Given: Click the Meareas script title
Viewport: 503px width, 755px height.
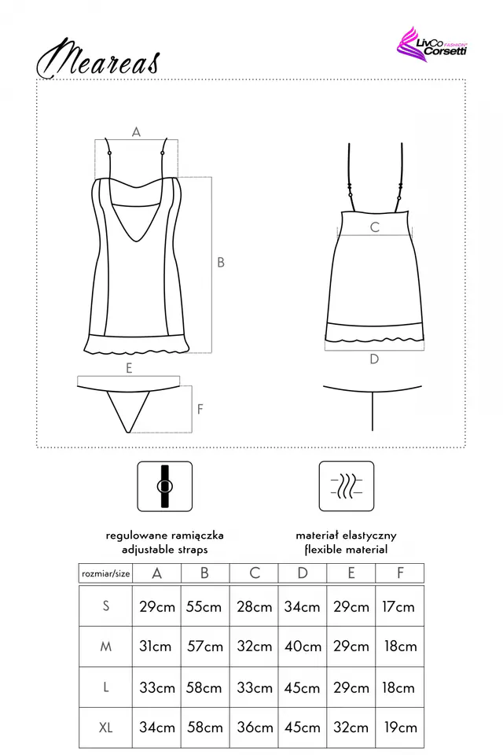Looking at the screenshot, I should point(98,58).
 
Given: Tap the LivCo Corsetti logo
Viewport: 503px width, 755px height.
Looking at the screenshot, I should point(433,45).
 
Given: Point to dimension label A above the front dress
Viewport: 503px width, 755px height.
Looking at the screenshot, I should point(136,132).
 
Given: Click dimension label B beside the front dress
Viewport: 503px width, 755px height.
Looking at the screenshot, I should point(221,263).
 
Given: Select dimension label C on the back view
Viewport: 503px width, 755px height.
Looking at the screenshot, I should point(375,227).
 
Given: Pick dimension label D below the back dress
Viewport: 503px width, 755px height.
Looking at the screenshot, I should point(374,359).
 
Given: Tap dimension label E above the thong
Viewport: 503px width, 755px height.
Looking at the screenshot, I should point(129,367).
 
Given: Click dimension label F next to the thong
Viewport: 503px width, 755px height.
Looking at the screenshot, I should point(200,410).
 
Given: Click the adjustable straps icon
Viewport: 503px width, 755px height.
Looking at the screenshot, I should point(165,486).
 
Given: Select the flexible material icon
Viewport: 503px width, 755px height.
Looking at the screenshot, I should point(346,486).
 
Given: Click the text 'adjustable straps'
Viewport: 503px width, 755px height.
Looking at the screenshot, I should point(165,550).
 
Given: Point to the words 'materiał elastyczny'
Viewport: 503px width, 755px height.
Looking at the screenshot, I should point(346,535).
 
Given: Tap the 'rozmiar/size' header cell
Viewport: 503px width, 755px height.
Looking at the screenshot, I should point(105,573).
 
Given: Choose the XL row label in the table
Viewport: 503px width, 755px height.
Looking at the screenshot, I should point(105,727).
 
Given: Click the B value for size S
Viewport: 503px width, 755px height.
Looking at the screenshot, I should point(204,606).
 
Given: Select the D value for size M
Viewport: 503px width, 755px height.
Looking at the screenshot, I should point(303,646).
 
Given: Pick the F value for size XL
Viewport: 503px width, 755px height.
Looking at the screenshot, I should point(400,727).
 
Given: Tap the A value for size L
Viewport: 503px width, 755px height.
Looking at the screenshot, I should point(156,687).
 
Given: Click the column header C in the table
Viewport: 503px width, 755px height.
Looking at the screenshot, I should point(254,573).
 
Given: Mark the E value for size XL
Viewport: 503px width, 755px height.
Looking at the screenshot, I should point(351,727).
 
